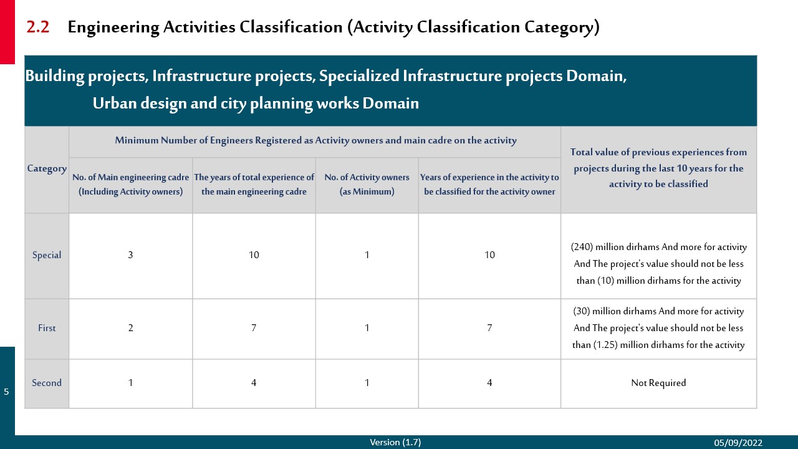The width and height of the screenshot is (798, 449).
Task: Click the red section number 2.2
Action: pos(38,27)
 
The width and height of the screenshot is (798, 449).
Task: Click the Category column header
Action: pos(47,168)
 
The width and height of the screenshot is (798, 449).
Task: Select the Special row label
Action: pos(47,255)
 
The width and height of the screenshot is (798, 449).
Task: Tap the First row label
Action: pos(47,328)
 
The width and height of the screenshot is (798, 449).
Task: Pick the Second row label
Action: pos(47,383)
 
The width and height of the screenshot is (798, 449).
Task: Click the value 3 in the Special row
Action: pos(130,255)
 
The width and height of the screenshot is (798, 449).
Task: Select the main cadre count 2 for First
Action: pos(130,328)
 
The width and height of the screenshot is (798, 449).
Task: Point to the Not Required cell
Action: pos(658,383)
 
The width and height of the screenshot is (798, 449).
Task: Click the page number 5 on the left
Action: pos(6,392)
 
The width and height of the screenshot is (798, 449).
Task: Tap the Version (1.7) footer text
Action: pos(395,442)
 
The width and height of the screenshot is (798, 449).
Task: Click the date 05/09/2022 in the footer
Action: pos(738,443)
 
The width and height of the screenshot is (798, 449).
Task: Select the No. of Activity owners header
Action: pos(367,184)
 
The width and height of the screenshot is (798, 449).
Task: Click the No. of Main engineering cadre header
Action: pos(130,184)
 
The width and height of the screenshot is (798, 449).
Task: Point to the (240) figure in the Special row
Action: pos(582,247)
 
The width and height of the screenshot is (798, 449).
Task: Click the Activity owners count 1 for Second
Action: pos(367,383)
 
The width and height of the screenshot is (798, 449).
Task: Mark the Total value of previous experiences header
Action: pos(658,168)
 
